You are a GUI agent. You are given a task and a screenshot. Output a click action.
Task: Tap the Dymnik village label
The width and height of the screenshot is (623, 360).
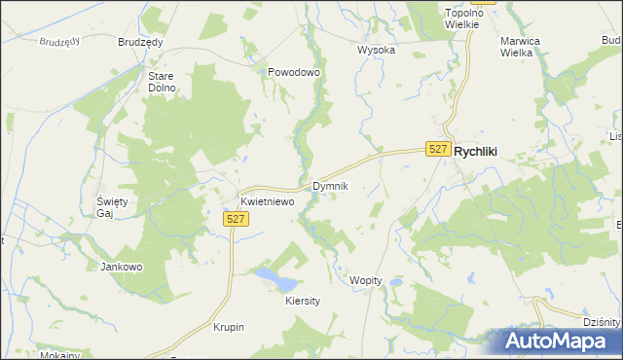coord(329,185)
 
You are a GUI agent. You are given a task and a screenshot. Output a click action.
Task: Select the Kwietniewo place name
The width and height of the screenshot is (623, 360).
coord(268,201)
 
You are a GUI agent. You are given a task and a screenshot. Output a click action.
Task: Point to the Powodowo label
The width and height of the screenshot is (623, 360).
coord(294,72)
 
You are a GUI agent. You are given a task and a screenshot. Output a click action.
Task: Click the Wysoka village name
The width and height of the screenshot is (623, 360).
coord(376,50)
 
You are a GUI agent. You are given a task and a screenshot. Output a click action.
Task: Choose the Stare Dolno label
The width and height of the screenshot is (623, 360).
coord(162,82)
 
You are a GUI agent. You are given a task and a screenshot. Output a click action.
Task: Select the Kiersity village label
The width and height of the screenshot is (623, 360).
coord(303,302)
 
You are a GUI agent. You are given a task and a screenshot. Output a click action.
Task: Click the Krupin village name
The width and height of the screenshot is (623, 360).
coord(228,327)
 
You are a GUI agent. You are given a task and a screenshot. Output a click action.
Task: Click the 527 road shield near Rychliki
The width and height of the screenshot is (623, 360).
coord(438,149)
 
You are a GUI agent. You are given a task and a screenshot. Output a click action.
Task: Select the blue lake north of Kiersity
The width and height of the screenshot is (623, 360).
coord(275,280)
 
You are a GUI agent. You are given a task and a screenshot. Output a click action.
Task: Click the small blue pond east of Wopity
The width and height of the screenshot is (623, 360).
coord(397,282)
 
